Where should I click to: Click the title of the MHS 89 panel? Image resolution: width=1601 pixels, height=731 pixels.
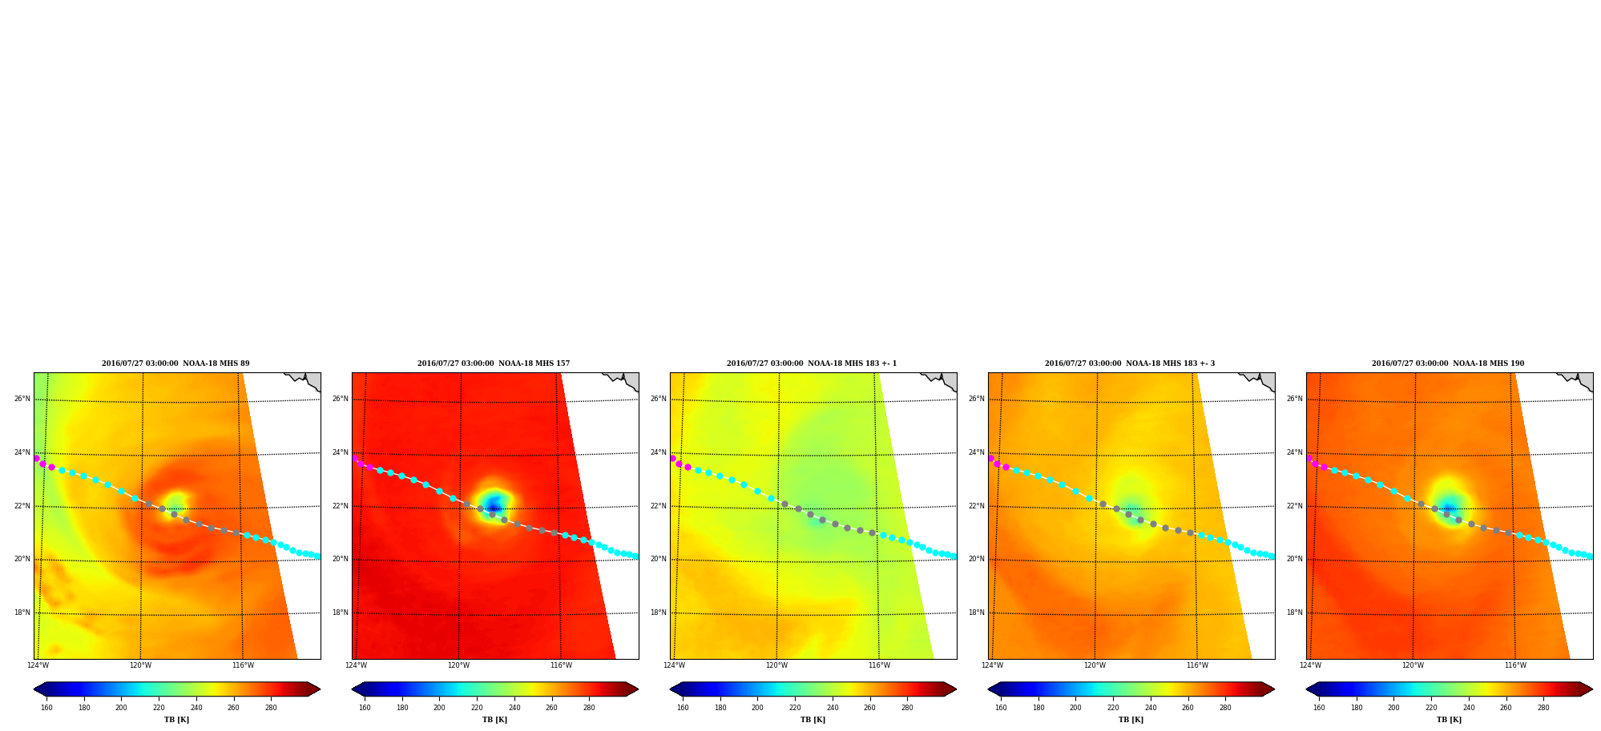tap(175, 363)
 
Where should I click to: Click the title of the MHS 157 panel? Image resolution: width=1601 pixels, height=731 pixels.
tap(494, 363)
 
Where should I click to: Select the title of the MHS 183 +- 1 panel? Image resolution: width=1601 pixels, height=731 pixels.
tap(812, 363)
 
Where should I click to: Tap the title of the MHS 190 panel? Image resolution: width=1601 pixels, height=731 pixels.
tap(1448, 363)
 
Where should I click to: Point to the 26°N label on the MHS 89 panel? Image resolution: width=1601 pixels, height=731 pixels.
tap(22, 399)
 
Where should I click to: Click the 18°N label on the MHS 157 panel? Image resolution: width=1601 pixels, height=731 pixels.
tap(340, 613)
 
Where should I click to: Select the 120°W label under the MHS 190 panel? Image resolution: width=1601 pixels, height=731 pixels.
tap(1413, 665)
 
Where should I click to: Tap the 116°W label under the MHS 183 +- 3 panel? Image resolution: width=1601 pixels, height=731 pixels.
tap(1197, 665)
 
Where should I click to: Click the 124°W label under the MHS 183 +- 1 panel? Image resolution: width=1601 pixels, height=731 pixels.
tap(674, 665)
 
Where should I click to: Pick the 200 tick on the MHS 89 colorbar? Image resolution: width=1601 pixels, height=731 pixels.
tap(121, 708)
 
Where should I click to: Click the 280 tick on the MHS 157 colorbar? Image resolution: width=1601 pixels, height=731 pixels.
tap(589, 708)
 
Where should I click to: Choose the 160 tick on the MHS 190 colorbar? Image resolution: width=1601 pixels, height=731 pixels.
tap(1319, 708)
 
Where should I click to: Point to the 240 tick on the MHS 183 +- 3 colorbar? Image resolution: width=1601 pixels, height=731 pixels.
tap(1151, 708)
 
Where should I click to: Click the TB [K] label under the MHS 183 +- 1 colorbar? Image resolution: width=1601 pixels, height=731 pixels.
tap(813, 720)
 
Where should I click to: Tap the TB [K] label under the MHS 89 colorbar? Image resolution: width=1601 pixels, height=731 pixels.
tap(176, 720)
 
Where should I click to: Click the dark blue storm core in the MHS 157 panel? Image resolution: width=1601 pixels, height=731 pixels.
tap(494, 508)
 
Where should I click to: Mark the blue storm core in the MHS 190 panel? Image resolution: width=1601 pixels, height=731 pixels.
tap(1449, 508)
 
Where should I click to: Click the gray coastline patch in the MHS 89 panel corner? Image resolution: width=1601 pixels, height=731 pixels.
tap(309, 380)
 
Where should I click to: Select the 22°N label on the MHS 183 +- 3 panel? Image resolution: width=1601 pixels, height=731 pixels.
tap(976, 506)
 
